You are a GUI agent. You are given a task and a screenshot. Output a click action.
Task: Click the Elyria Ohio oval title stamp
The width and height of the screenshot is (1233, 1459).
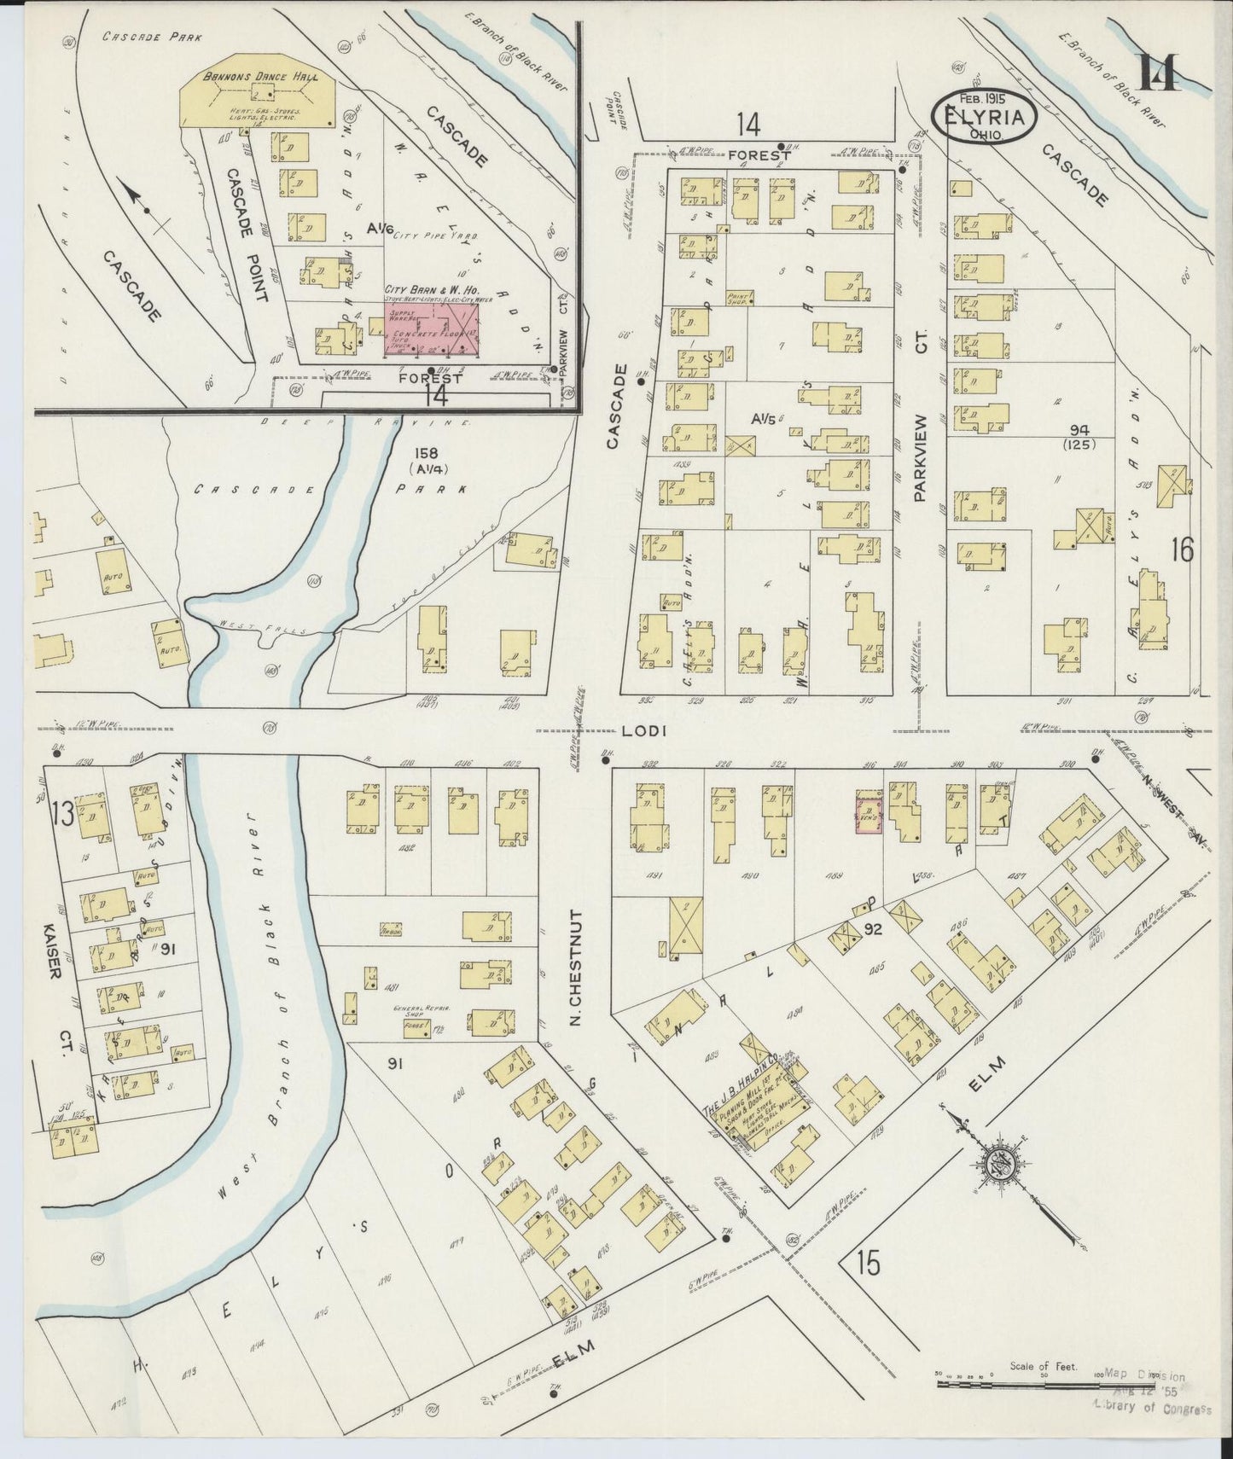(x=986, y=118)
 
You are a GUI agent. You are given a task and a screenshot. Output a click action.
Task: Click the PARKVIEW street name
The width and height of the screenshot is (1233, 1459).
(x=919, y=457)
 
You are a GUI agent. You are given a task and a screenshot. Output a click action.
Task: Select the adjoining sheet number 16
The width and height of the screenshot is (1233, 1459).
(x=1182, y=550)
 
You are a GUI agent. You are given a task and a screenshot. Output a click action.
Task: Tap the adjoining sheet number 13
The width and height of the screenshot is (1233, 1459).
(x=61, y=815)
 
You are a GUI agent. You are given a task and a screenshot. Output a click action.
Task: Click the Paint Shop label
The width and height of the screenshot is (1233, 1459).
(x=736, y=298)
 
